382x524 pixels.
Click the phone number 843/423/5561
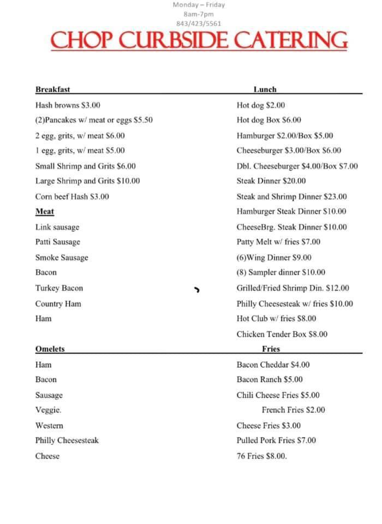click(x=199, y=23)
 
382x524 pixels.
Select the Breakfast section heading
click(x=52, y=90)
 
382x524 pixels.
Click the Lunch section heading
click(x=265, y=90)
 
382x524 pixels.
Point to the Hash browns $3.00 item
click(x=68, y=105)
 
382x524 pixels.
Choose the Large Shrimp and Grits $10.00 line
click(x=87, y=181)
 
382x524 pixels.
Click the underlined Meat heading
click(x=45, y=212)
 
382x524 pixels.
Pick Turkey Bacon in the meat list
click(x=59, y=288)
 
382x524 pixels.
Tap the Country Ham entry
click(x=58, y=303)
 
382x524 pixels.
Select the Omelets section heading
click(x=50, y=349)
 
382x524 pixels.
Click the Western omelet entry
click(x=49, y=426)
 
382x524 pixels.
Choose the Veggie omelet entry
click(x=48, y=410)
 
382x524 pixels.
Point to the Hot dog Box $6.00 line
click(x=268, y=121)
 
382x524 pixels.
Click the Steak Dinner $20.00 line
click(x=271, y=181)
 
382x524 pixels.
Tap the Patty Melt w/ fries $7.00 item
click(x=278, y=242)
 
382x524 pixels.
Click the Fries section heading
click(x=271, y=349)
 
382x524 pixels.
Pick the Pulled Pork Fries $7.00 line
click(x=276, y=440)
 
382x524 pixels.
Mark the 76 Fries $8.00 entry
click(x=261, y=456)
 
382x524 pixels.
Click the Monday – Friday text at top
click(x=199, y=5)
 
